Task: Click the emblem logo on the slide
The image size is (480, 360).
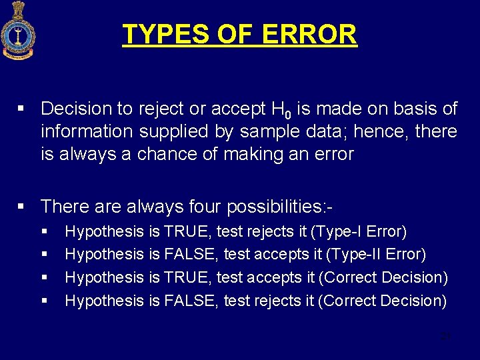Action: coord(17,31)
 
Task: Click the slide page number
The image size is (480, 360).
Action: coord(446,337)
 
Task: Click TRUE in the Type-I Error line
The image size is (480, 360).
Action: coord(188,232)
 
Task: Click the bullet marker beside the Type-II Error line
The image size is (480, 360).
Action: coord(45,255)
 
